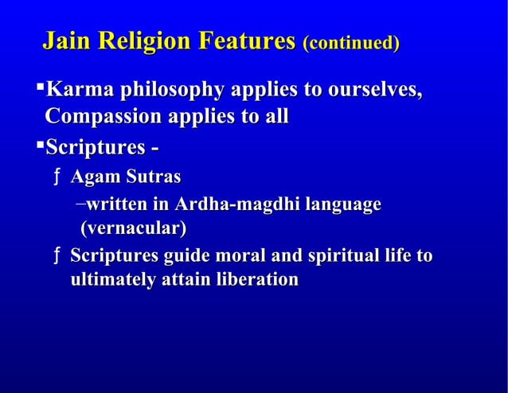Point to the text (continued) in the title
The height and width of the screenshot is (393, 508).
350,41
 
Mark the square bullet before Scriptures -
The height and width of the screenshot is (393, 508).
41,146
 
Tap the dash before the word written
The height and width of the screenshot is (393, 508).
82,204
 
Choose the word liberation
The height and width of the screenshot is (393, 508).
255,280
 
